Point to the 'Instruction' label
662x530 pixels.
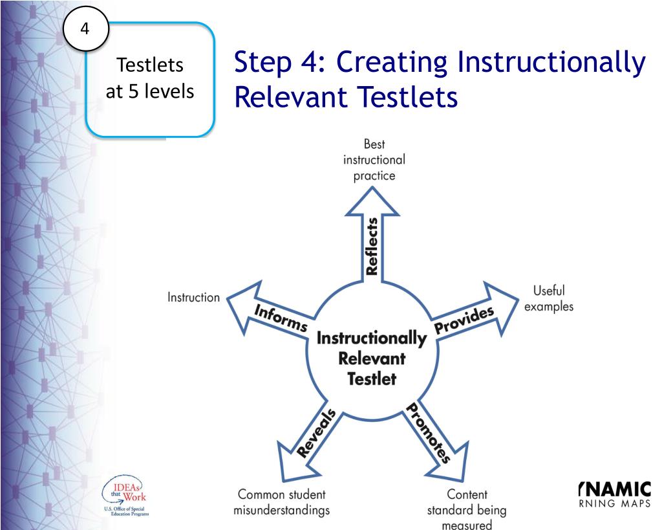pos(193,298)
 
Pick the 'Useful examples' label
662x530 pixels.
pos(548,299)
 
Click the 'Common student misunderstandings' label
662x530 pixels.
pos(281,503)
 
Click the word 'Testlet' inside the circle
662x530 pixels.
pos(371,379)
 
